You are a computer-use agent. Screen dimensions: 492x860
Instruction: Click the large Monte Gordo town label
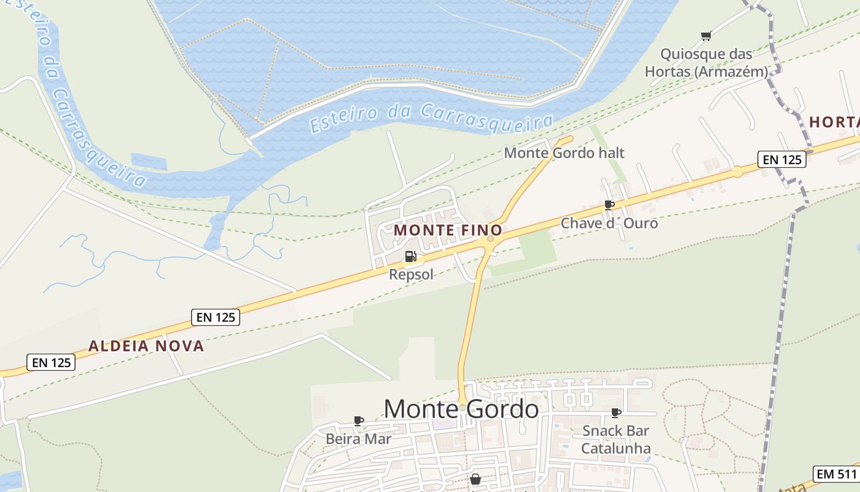coord(461,409)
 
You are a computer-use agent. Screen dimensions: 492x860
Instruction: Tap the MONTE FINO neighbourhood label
coord(448,230)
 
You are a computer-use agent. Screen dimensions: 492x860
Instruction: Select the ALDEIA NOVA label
coord(146,346)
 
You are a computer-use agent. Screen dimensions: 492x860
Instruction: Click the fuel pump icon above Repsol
coord(411,256)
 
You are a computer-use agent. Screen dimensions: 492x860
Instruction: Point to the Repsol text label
coord(412,274)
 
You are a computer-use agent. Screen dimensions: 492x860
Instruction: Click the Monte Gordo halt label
coord(564,153)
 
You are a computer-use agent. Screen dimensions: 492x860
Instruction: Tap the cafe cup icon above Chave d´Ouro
coord(609,205)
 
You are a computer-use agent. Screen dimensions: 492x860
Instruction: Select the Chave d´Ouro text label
coord(609,223)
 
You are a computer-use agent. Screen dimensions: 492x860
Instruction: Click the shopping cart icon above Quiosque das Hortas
coord(706,36)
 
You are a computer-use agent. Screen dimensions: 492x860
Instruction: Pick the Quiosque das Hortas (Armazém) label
coord(706,63)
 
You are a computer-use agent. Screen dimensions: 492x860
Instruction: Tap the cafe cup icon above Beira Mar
coord(359,421)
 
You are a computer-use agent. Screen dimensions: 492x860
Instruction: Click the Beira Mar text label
coord(358,439)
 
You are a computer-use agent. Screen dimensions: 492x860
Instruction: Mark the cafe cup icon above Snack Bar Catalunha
coord(616,413)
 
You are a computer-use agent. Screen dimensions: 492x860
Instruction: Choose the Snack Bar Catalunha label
coord(616,439)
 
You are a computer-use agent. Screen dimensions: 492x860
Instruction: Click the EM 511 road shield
coord(836,474)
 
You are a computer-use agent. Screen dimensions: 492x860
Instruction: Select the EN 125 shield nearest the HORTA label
coord(781,159)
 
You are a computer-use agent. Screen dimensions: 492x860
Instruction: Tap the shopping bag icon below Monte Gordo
coord(475,478)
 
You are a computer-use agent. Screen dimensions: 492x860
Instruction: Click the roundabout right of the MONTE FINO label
coord(490,239)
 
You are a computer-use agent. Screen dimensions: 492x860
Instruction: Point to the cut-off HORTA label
coord(834,122)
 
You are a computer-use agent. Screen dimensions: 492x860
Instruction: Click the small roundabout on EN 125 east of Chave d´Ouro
coord(737,172)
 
